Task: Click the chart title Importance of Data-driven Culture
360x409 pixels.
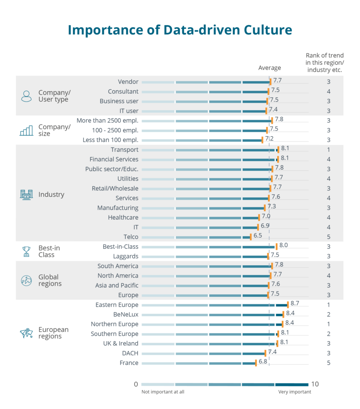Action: (180, 30)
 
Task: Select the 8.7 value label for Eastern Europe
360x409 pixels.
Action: (295, 304)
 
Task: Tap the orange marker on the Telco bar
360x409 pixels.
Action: (251, 237)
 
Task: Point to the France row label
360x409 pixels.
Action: (129, 363)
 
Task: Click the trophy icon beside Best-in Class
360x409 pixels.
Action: (26, 251)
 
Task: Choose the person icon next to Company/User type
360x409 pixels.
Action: (26, 96)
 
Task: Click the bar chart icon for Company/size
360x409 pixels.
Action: (26, 130)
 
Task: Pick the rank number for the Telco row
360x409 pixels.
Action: (328, 237)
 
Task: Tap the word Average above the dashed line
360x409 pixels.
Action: (269, 68)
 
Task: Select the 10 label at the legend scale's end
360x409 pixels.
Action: (315, 384)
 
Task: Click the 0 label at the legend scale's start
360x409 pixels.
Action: (136, 384)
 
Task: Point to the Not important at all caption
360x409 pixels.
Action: (163, 392)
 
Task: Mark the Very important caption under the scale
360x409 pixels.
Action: (295, 392)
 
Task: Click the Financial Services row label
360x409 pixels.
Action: (114, 159)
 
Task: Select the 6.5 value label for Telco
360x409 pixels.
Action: (258, 236)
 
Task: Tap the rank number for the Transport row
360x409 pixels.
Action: (328, 150)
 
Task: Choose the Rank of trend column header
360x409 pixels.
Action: (324, 63)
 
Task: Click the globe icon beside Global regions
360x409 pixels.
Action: (26, 280)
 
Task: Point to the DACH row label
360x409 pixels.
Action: (130, 353)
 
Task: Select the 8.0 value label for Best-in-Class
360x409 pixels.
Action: (284, 246)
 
